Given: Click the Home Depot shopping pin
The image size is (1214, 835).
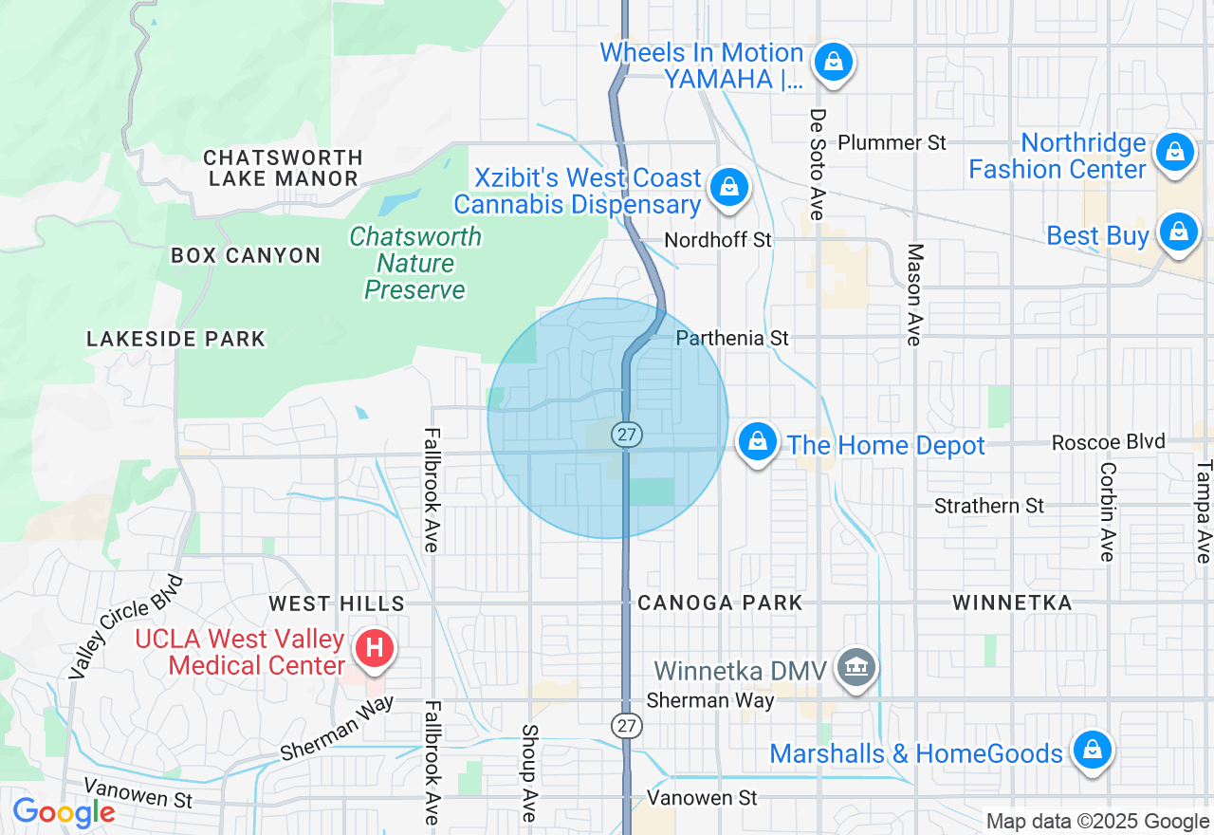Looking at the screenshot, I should pos(758,442).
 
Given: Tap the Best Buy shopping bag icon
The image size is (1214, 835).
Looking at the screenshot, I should pos(1178,232).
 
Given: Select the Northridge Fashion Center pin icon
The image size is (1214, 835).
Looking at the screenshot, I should pos(1174,152).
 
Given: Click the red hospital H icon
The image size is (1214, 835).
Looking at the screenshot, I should pos(375,649).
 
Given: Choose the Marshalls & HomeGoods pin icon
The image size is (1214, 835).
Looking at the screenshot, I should pos(1092,751).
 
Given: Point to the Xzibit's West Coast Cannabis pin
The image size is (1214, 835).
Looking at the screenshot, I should pos(728,187).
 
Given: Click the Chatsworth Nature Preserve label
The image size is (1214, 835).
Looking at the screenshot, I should pos(415,263).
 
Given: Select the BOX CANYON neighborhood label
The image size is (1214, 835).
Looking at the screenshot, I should pos(246,255).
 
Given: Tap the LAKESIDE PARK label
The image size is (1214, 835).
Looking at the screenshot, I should pos(175,339).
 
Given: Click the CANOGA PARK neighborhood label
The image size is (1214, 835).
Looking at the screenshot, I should pos(720,603).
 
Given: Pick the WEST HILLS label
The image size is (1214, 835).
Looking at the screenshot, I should pos(337,603).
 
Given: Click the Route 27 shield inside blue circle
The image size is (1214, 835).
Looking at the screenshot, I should pos(626,435).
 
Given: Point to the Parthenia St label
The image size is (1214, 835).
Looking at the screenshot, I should pos(732,338).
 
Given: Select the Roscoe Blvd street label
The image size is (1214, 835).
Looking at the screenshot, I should pos(1108,442).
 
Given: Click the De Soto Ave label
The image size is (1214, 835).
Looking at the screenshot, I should pos(817,165).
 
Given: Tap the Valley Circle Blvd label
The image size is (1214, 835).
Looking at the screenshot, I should pos(126,626).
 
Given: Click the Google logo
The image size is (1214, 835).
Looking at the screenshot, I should pos(64,812).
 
